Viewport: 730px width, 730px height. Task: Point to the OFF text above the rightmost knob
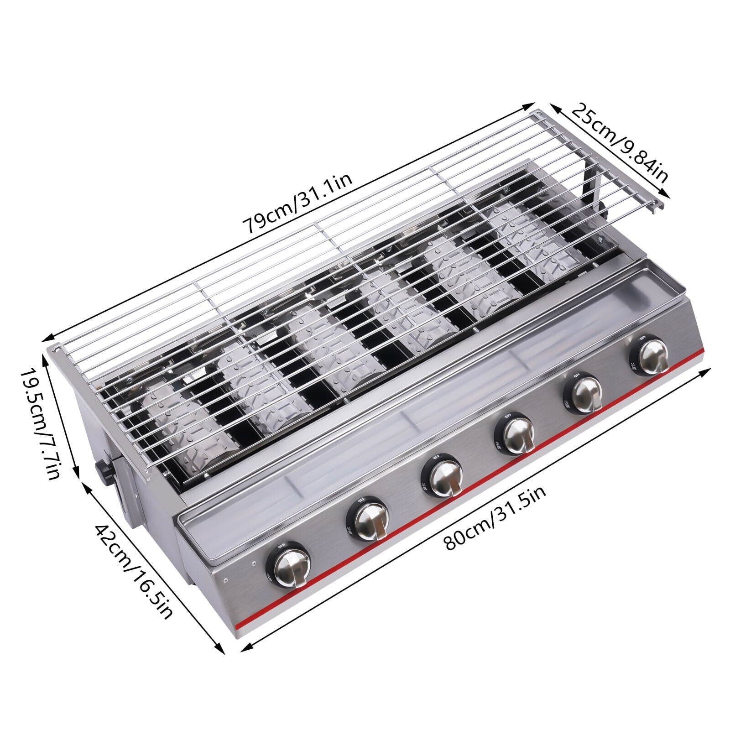642,338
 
